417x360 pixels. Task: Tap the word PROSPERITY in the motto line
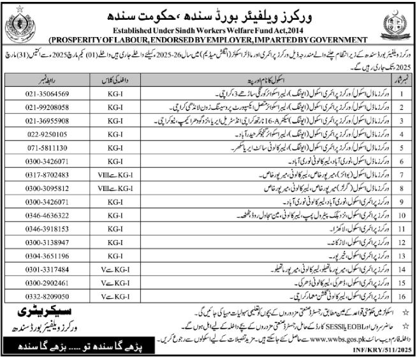[73, 40]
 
